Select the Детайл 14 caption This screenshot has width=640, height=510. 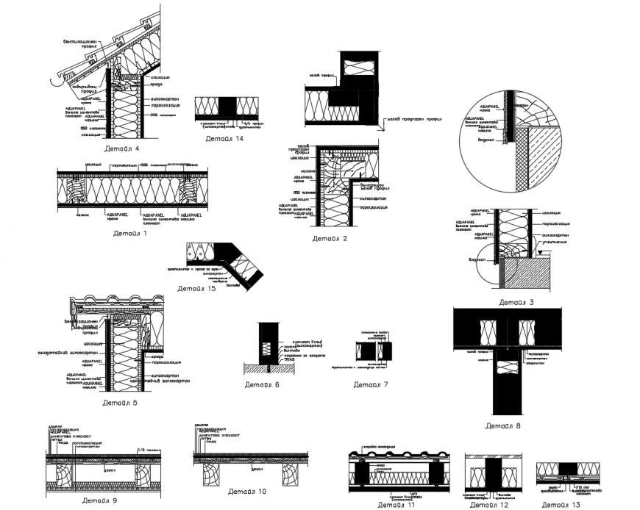[x=224, y=137]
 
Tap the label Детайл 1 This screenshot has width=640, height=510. [x=130, y=233]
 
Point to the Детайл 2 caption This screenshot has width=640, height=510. [x=330, y=238]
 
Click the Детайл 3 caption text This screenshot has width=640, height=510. [x=516, y=302]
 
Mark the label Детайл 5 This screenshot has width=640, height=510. [x=120, y=402]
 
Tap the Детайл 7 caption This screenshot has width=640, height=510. [x=370, y=384]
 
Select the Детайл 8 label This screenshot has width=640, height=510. [x=503, y=425]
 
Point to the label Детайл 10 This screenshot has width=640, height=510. [x=246, y=491]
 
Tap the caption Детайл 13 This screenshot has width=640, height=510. [x=561, y=505]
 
